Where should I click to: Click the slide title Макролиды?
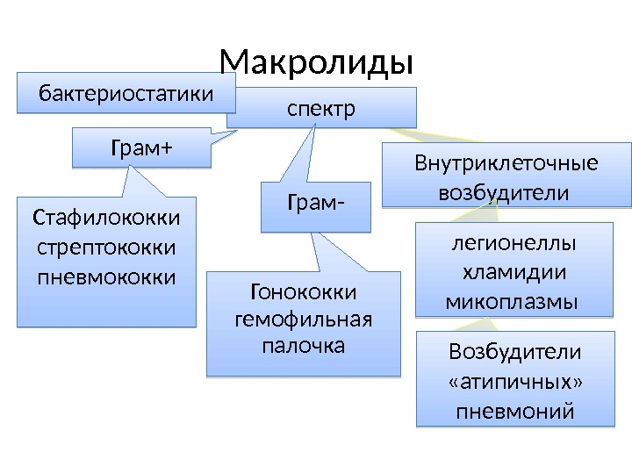(316, 62)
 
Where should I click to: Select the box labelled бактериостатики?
(127, 92)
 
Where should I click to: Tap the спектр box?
(321, 110)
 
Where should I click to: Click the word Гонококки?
(304, 290)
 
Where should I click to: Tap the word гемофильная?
(304, 318)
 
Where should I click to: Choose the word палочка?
(304, 345)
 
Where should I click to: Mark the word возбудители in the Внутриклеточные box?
(504, 191)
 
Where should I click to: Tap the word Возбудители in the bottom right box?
(515, 352)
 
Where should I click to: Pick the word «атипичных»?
(515, 382)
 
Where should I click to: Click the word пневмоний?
(515, 411)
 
